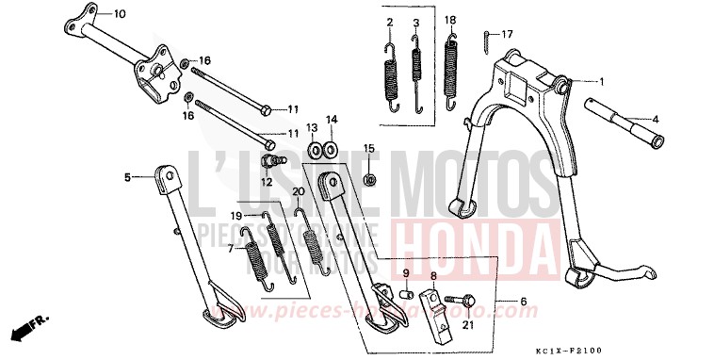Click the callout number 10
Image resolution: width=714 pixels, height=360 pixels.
[x=119, y=14]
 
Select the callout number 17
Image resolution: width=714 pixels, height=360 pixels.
[x=507, y=35]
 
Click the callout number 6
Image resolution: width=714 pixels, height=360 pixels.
[x=524, y=303]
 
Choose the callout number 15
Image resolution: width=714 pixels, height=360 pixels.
[x=369, y=148]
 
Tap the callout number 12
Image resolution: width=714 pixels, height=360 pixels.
[x=268, y=181]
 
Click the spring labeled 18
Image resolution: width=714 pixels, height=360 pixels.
[x=451, y=72]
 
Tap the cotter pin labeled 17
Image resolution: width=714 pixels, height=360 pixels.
[x=485, y=41]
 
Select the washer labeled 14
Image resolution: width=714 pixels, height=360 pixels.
[x=331, y=148]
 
